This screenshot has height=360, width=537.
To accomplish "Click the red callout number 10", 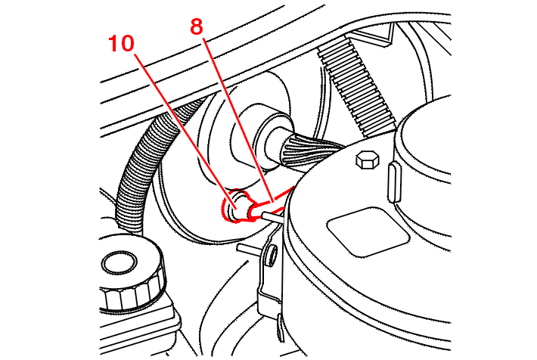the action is (x=121, y=44).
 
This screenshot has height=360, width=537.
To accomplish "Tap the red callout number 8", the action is (x=197, y=26).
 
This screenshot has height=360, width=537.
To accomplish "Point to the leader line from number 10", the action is (x=185, y=131).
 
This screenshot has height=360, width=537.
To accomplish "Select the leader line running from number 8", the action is (x=238, y=119).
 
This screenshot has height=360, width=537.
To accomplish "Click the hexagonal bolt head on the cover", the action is (x=368, y=160).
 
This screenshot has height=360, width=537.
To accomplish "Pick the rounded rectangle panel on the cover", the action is (x=368, y=231).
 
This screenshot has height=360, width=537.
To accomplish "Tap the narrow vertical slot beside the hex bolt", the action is (x=394, y=182).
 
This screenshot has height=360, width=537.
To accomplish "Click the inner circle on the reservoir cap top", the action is (x=119, y=262).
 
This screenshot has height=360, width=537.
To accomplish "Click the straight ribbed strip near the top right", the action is (x=356, y=85).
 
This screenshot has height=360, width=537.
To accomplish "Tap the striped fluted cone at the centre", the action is (x=310, y=148).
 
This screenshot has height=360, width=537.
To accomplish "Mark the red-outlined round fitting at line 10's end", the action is (x=236, y=206).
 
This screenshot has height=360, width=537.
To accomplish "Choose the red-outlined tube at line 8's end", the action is (x=271, y=204).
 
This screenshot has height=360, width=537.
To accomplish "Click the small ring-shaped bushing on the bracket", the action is (x=272, y=256).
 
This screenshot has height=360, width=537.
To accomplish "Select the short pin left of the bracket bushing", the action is (x=250, y=249).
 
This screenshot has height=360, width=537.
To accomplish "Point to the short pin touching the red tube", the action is (x=272, y=217).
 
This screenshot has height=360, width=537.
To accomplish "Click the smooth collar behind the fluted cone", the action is (x=272, y=140).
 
